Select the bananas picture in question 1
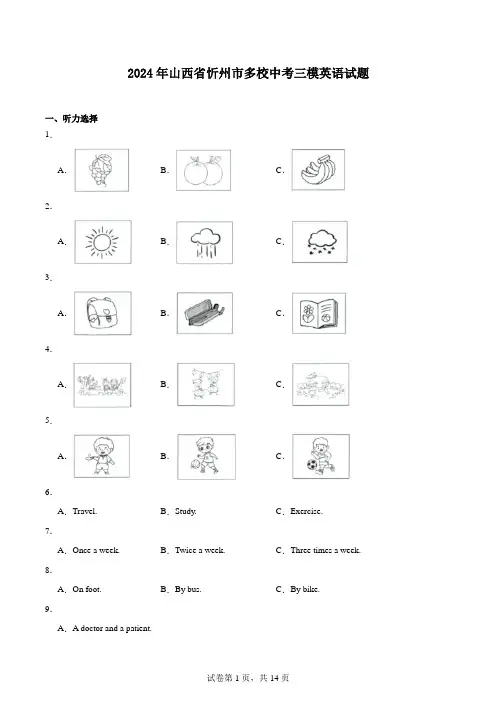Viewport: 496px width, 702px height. (318, 170)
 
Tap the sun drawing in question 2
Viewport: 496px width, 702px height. (103, 242)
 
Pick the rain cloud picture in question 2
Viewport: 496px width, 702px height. (205, 242)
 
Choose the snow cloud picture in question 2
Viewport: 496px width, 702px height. (320, 242)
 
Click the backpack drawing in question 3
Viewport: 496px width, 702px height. (103, 313)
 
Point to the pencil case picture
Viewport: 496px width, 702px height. (205, 313)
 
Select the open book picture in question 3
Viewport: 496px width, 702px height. (319, 313)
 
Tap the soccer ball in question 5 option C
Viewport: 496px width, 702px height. (312, 464)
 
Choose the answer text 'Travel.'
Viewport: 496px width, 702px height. (85, 511)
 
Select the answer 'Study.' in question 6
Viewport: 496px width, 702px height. (186, 511)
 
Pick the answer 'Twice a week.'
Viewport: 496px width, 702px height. (200, 550)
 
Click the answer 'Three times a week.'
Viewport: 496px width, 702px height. (325, 550)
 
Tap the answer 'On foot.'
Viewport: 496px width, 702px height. (87, 589)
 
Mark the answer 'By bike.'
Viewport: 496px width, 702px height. (305, 589)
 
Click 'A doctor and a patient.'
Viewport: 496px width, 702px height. (112, 629)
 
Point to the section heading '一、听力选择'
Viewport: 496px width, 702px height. (71, 119)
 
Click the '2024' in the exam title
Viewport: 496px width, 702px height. (140, 73)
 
